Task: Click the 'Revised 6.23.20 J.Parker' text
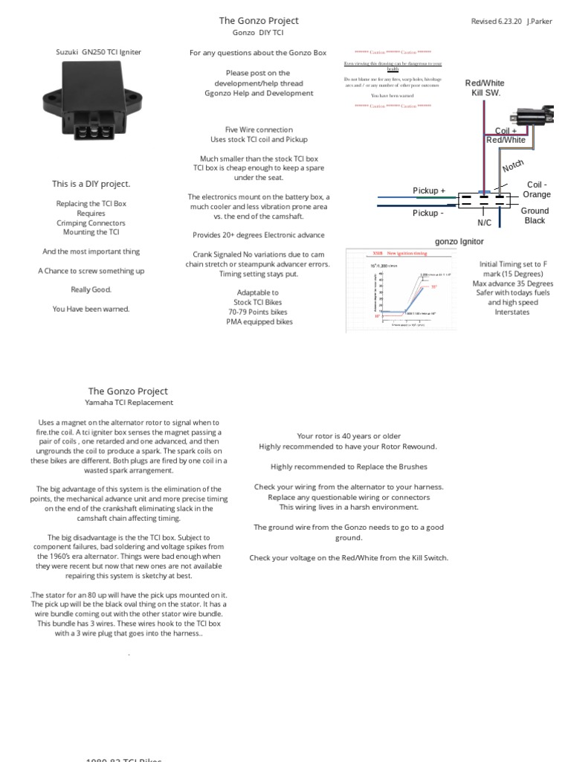tap(512, 22)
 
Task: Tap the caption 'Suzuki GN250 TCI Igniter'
tap(99, 52)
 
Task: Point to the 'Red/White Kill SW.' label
tap(485, 88)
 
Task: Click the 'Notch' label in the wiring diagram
tap(513, 166)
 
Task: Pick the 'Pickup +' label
tap(429, 190)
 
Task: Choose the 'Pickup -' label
tap(429, 213)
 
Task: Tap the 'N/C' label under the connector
tap(485, 222)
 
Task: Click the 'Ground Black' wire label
tap(535, 216)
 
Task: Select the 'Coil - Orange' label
tap(537, 189)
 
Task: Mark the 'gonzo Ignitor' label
tap(459, 242)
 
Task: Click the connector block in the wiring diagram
tap(483, 201)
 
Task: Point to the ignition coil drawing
tap(534, 118)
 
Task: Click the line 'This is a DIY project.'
tap(91, 184)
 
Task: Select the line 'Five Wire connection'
tap(259, 129)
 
